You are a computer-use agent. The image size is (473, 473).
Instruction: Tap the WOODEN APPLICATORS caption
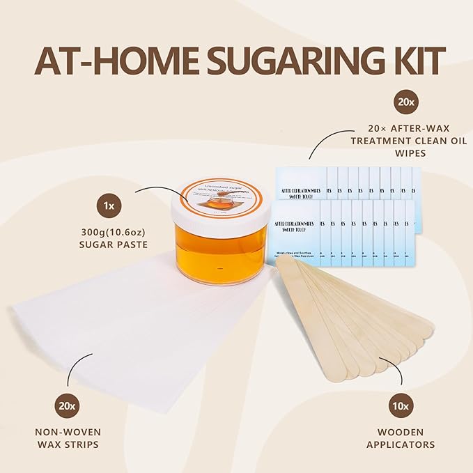coord(410,438)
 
